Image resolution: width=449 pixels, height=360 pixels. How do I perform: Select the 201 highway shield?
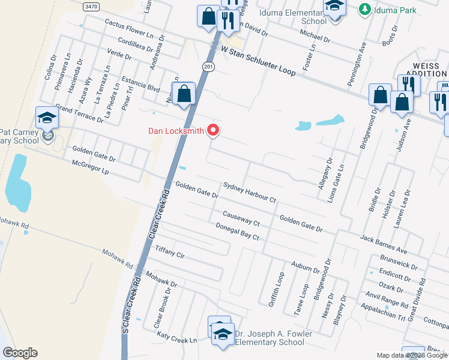click(x=208, y=66)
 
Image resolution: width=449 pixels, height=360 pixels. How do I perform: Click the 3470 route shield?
click(x=91, y=6)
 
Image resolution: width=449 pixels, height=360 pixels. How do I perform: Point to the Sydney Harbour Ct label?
click(x=249, y=193)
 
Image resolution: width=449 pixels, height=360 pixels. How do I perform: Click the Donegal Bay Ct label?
click(x=237, y=232)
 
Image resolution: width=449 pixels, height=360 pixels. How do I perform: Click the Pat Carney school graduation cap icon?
click(x=47, y=118)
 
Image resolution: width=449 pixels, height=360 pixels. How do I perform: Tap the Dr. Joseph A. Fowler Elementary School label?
click(x=265, y=338)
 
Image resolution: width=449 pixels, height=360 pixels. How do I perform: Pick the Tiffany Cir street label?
click(x=170, y=251)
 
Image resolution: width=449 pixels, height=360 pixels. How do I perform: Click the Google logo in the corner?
click(x=20, y=353)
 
